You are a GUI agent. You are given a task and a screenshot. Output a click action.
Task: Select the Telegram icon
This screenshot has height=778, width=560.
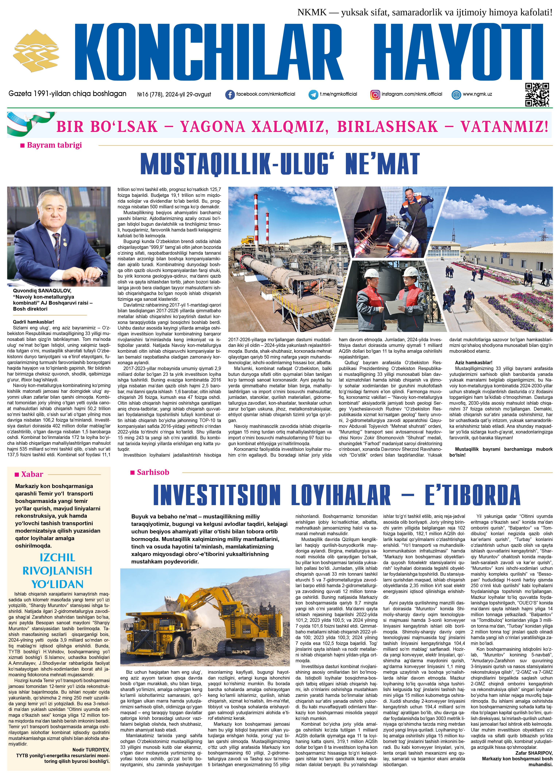point(313,95)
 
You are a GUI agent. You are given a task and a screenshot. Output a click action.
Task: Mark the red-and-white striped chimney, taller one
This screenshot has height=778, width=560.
point(256,223)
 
